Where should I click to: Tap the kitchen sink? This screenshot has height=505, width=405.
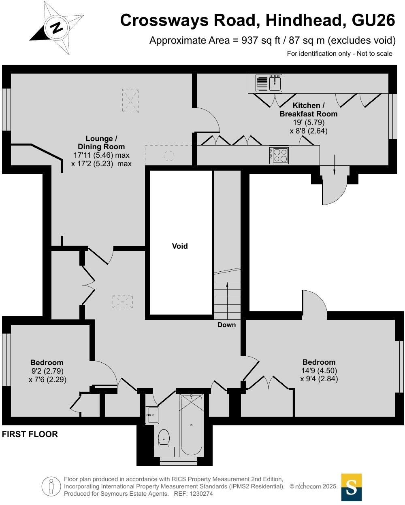269,83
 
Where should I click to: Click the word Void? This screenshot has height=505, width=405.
180,246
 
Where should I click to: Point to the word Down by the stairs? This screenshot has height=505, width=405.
226,325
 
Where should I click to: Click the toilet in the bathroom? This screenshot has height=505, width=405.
164,437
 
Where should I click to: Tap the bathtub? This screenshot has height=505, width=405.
191,425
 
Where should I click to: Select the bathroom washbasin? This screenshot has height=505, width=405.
153,415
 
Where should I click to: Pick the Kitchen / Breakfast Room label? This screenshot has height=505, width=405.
309,110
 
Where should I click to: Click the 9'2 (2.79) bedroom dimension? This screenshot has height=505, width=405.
47,371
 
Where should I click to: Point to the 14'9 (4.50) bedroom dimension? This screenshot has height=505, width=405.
319,370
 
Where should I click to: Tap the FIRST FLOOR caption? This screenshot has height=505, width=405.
30,434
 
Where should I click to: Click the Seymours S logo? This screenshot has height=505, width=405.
351,487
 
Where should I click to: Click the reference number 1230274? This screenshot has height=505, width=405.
199,494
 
